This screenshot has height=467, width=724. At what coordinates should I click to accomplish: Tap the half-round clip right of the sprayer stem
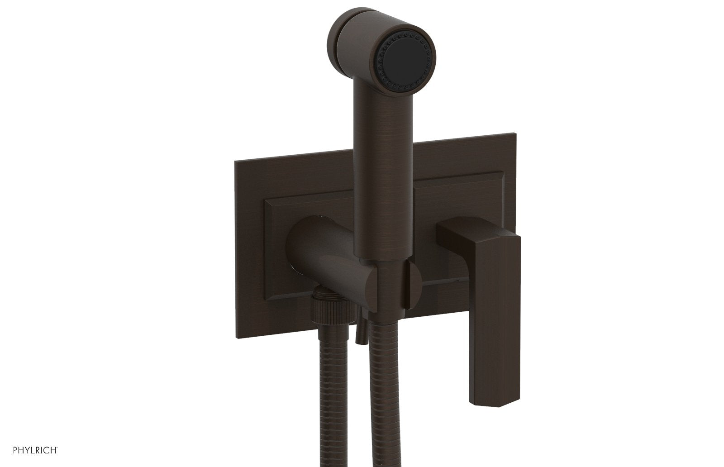click(414, 281)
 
